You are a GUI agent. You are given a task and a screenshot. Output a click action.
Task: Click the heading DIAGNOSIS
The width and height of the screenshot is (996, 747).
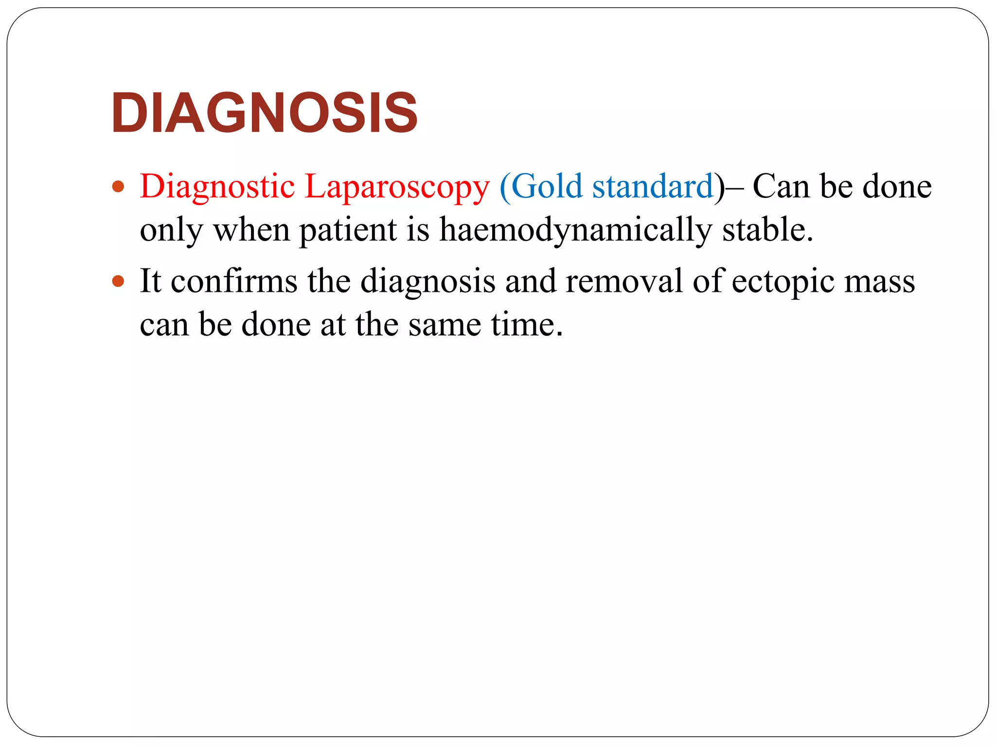(264, 113)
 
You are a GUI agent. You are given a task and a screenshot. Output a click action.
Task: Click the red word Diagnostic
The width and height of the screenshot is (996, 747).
(217, 186)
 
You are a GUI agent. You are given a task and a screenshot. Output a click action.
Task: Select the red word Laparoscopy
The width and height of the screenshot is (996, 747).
(397, 187)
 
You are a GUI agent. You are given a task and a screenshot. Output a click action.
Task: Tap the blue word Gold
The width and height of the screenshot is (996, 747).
(547, 186)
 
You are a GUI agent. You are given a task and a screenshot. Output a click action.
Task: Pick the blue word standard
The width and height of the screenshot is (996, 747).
(653, 186)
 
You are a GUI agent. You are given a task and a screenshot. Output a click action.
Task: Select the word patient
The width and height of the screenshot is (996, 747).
(348, 230)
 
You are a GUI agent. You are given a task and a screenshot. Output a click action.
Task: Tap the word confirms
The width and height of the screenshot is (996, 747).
(234, 281)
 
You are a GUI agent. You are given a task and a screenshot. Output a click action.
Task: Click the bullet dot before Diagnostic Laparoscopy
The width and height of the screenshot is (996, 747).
(118, 187)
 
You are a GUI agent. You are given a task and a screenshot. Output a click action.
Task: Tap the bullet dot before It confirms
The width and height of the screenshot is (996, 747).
(118, 281)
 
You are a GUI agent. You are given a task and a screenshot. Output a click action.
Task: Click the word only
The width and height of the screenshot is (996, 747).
(171, 230)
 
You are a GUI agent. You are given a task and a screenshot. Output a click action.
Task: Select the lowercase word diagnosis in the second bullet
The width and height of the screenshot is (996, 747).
(427, 282)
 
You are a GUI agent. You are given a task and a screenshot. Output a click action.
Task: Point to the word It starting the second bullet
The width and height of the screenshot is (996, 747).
(150, 281)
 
